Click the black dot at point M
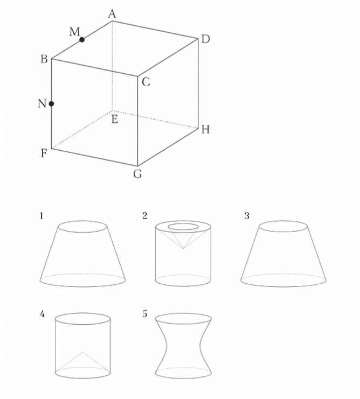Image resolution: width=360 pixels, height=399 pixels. tap(82, 40)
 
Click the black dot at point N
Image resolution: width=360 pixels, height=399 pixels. tap(51, 103)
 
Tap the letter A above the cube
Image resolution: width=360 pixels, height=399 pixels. tap(112, 14)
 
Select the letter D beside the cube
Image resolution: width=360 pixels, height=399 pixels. tap(205, 39)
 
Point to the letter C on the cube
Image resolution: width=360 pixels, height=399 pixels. tap(146, 82)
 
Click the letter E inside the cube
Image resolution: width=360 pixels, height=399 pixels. tap(115, 120)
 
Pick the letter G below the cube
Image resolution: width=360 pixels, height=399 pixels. tap(137, 174)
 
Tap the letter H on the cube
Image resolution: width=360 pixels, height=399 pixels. tap(205, 130)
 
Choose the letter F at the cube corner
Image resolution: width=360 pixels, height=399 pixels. tap(44, 153)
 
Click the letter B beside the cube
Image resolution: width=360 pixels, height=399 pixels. tap(44, 59)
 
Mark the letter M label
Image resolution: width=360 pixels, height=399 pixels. tap(74, 32)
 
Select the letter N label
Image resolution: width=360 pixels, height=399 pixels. tap(42, 103)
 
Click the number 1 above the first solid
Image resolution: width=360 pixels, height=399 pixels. tap(41, 216)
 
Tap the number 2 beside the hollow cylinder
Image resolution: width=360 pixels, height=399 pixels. tap(144, 216)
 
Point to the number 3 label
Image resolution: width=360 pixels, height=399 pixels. tap(247, 216)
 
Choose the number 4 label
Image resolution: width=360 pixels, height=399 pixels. tap(42, 314)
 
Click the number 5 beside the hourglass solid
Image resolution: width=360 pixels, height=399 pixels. tap(144, 314)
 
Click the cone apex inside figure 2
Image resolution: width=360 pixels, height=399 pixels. tap(183, 248)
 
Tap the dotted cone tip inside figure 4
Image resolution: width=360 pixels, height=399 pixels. tap(82, 352)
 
